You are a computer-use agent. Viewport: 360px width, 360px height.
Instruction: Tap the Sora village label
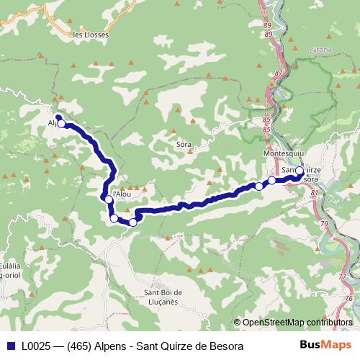[x=184, y=144]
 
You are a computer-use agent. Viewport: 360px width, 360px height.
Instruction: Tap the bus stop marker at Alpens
[x=62, y=124]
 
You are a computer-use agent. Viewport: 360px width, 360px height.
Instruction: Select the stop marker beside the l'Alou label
[x=108, y=199]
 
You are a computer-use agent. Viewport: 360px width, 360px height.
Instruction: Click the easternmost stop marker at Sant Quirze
[x=299, y=171]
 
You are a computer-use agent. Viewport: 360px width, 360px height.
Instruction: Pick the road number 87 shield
[x=279, y=73]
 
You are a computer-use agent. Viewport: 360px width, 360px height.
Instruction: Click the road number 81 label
[x=314, y=193]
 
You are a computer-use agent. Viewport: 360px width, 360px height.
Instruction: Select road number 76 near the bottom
[x=348, y=298]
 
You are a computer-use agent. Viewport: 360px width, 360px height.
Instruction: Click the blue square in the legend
[x=10, y=346]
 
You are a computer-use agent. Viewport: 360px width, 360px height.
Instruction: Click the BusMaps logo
[x=324, y=346]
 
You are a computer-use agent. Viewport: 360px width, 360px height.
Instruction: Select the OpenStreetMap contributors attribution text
[x=297, y=322]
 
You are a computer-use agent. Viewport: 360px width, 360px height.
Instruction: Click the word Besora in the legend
[x=226, y=346]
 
